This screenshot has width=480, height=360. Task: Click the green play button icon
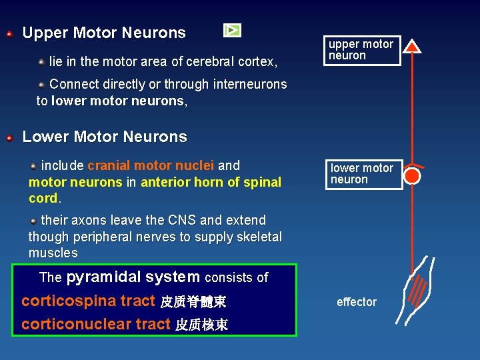232,30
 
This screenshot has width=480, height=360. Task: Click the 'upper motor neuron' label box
363,50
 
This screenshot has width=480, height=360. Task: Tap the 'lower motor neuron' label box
364,174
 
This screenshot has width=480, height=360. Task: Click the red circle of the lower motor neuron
413,176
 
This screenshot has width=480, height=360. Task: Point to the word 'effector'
357,302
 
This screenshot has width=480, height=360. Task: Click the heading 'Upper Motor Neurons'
104,33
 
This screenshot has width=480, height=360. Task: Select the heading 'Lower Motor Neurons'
105,137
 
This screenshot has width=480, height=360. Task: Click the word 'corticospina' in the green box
69,301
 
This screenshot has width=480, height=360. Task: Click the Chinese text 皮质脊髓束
193,303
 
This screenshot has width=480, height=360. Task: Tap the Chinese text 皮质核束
201,325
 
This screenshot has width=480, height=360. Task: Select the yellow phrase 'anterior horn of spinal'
211,182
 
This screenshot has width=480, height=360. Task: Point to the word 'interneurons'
250,85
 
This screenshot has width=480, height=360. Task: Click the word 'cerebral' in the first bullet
207,62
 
